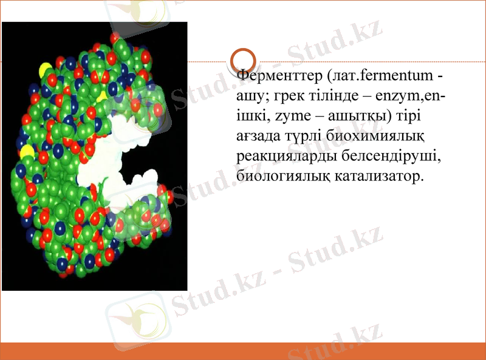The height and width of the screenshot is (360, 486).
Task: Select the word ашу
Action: (248, 96)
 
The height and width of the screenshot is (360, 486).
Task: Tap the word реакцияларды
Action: (282, 156)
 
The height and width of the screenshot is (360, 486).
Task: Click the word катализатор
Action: (378, 176)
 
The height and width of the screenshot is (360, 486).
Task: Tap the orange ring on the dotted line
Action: (245, 61)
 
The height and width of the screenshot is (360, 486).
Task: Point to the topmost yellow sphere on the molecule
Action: (46, 69)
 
